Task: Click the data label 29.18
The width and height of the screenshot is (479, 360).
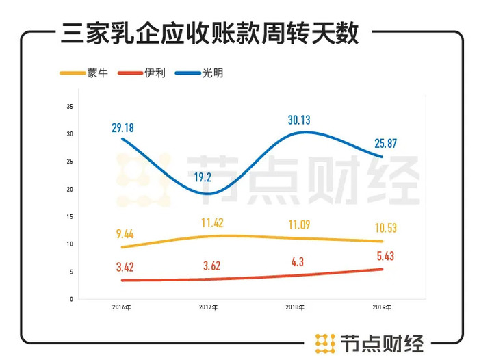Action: (124, 127)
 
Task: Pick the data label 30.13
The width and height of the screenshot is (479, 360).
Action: (298, 120)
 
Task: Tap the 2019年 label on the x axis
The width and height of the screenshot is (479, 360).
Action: (382, 307)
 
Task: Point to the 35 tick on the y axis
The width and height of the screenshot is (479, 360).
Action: (70, 106)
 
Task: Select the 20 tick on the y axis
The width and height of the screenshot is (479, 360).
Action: (70, 189)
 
